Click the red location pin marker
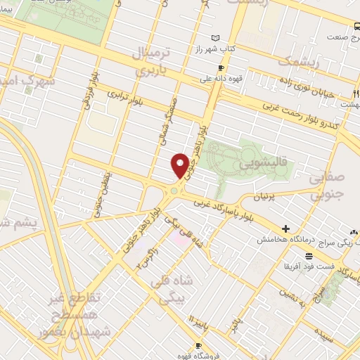click(x=180, y=165)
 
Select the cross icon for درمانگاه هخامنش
click(x=285, y=229)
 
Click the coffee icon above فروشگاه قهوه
click(x=198, y=345)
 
